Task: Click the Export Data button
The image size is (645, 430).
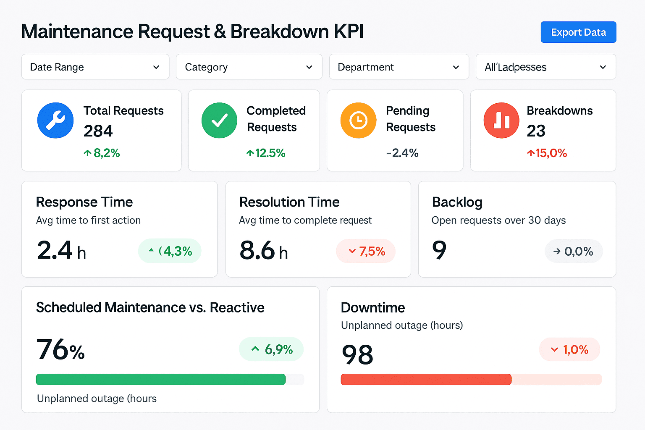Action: pos(578,32)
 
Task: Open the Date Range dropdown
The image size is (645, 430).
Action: pos(95,67)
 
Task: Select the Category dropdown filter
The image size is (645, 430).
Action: pos(249,67)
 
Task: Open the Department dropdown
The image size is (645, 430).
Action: pos(399,67)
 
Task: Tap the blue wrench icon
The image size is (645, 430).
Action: pos(55,121)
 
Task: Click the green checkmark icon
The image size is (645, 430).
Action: pos(219,121)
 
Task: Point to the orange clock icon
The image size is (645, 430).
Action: pos(358,121)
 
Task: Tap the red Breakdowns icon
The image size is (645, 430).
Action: pos(501,121)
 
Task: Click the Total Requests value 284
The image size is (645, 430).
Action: pos(98,131)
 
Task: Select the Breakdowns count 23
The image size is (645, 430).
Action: pos(536,131)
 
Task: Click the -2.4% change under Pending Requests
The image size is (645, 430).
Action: pos(402,153)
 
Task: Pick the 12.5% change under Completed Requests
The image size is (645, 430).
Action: pos(266,153)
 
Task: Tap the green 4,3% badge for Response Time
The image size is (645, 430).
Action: pos(170,251)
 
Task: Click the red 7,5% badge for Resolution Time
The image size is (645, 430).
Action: pos(366,251)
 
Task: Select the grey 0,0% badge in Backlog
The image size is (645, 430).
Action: pos(574,251)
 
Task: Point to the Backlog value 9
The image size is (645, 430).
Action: pos(439,250)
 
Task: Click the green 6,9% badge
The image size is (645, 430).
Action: pos(271,349)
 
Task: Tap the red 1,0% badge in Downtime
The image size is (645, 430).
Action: pos(569,349)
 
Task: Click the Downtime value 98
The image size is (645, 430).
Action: pos(357,354)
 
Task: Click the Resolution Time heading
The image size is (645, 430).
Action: pos(289,202)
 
